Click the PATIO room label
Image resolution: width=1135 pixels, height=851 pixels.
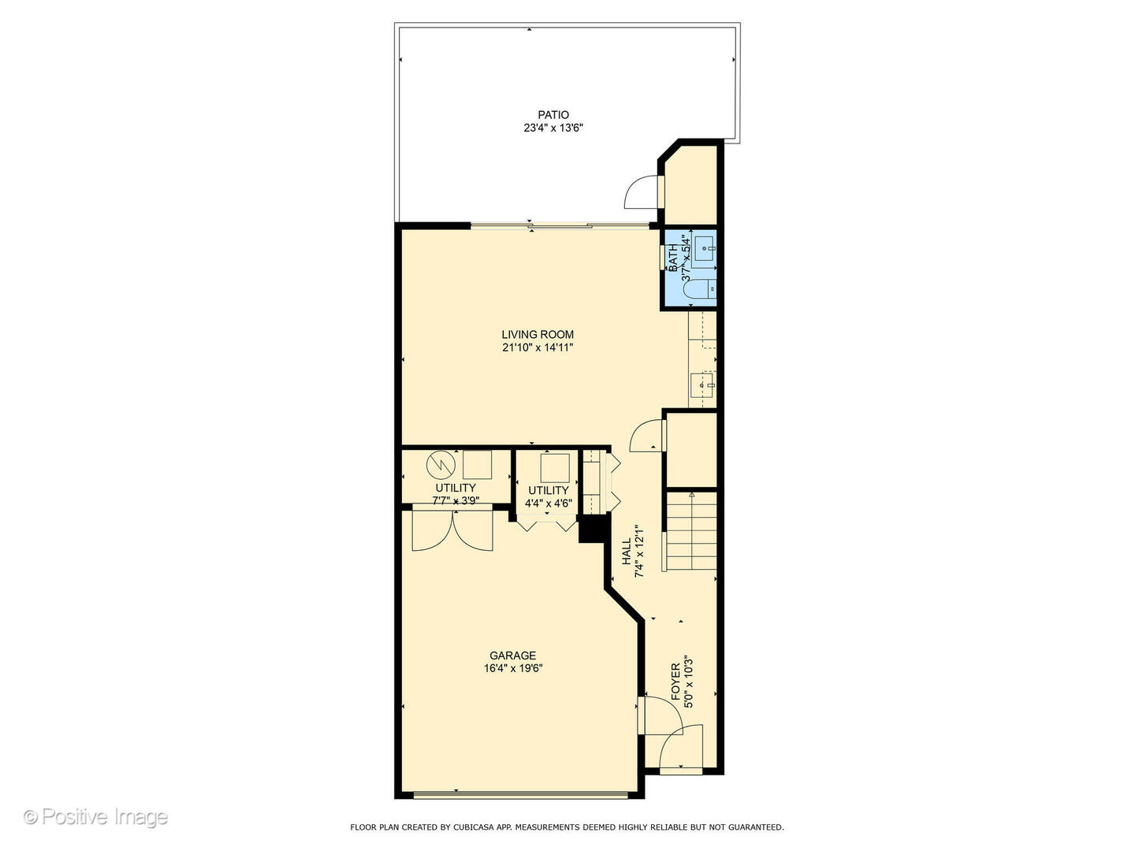[553, 115]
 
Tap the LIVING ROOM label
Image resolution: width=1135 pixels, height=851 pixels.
[538, 334]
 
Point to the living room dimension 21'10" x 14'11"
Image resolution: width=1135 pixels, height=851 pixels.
[538, 347]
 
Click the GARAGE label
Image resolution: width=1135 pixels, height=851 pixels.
[512, 656]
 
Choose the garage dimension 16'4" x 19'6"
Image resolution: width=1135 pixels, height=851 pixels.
[513, 668]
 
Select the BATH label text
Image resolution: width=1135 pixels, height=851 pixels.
[673, 258]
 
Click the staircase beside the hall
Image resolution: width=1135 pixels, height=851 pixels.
[691, 530]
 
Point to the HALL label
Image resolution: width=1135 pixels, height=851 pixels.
[627, 552]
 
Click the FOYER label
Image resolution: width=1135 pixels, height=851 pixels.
[675, 682]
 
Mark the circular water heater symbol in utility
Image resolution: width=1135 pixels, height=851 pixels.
[437, 464]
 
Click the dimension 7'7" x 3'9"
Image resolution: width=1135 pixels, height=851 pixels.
[455, 500]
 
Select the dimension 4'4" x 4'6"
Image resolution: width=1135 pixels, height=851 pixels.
[548, 503]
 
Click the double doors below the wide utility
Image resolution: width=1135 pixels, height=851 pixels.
[452, 530]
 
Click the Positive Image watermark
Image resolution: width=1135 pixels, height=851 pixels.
[95, 816]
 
